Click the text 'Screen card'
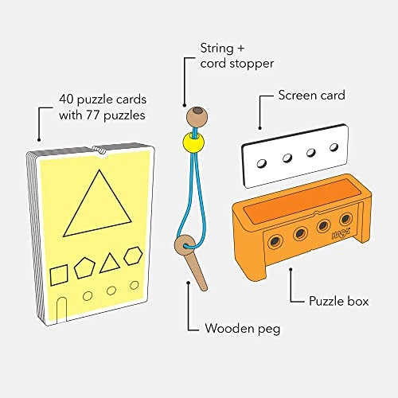point(311,95)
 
